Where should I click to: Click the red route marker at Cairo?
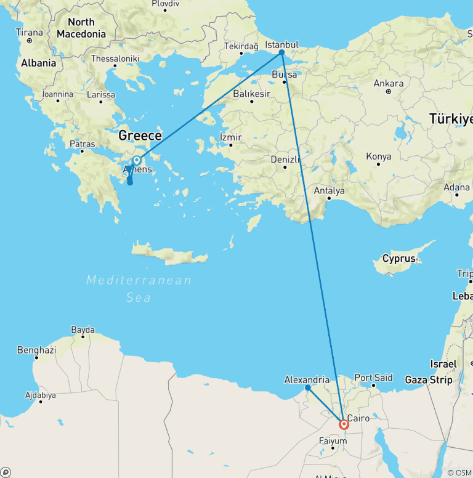pos(344,424)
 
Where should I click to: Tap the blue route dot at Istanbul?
pos(281,52)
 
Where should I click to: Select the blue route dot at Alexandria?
pos(307,388)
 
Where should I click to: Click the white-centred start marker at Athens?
pos(137,161)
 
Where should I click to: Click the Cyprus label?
pos(398,259)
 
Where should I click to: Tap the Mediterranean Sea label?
pos(139,289)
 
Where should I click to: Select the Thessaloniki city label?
pos(115,59)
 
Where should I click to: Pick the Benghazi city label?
pos(36,350)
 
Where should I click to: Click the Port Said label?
pos(373,378)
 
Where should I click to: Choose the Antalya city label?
pos(329,190)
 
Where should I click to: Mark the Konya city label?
pos(379,156)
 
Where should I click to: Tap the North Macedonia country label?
pos(81,28)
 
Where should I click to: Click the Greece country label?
pos(140,136)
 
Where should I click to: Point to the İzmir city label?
pos(231,137)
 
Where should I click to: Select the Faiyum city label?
pos(333,440)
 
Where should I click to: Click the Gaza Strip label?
pos(425,380)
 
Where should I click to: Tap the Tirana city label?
pos(30,32)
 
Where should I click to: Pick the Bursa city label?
pos(285,75)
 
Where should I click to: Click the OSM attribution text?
pos(459,472)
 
